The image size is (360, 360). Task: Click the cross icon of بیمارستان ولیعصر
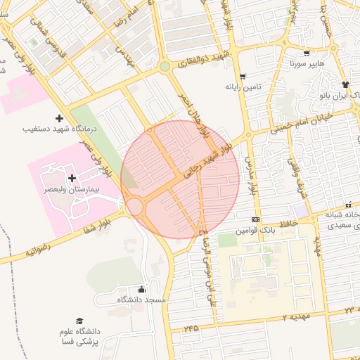[72, 178]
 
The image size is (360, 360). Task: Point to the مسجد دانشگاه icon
[141, 289]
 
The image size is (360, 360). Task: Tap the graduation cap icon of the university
[79, 321]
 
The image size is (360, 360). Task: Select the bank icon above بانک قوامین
[255, 219]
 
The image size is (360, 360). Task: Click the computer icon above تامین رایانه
[243, 76]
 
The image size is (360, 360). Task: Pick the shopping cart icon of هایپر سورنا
[306, 53]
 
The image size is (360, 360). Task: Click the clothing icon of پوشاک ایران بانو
[345, 84]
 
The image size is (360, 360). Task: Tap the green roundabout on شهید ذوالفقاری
[165, 67]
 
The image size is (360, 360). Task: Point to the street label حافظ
[289, 223]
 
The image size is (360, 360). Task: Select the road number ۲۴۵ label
[191, 328]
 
